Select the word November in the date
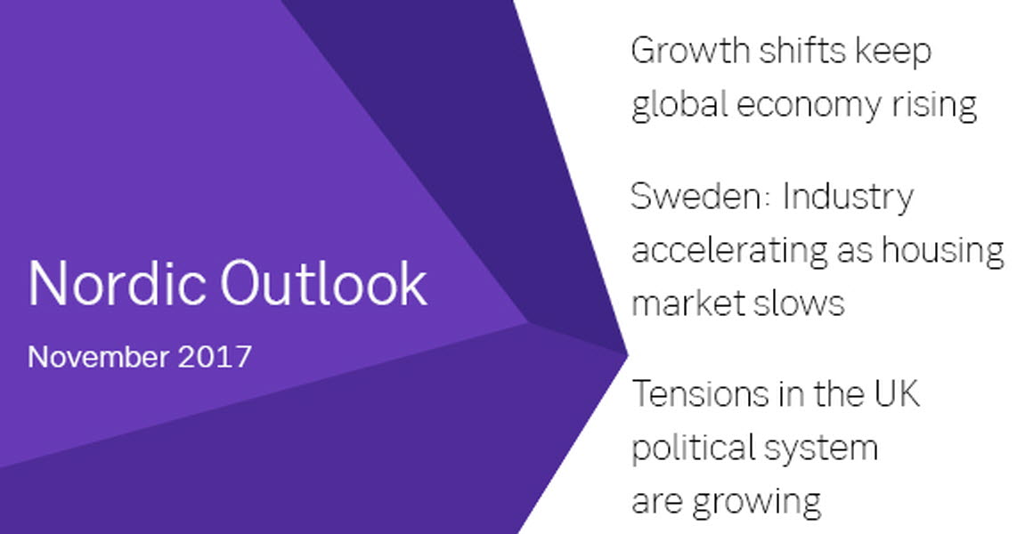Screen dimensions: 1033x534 (98, 357)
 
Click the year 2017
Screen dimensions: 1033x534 (215, 357)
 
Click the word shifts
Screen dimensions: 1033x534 (802, 50)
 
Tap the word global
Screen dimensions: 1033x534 (679, 105)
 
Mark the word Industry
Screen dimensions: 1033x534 (849, 198)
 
